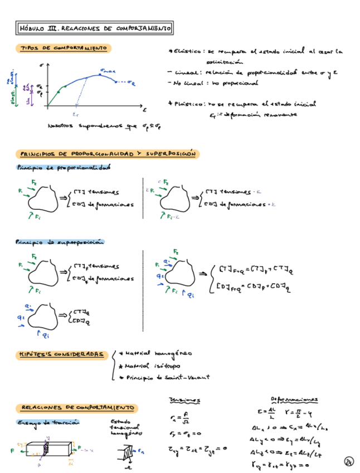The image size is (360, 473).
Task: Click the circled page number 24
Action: (349, 461)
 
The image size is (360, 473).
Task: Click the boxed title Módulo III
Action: (94, 27)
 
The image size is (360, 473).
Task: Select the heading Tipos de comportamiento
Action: (63, 49)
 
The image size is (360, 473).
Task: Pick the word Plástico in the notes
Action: (188, 104)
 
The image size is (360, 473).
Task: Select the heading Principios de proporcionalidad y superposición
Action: (108, 154)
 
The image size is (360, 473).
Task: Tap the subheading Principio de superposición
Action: (60, 242)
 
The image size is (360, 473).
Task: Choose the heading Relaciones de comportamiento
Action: (75, 408)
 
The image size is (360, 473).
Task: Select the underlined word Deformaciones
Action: (294, 399)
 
